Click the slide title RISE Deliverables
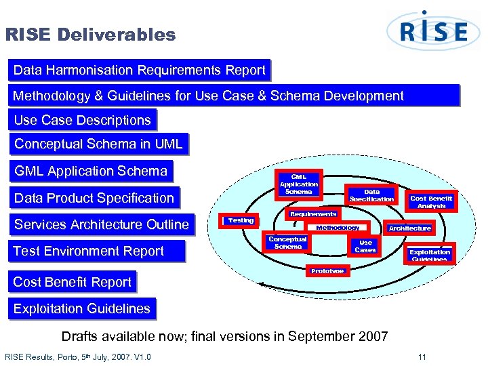[x=90, y=35]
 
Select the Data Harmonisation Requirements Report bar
[x=140, y=70]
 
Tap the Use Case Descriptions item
[x=83, y=121]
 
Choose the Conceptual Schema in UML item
[x=98, y=144]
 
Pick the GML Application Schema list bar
[x=91, y=171]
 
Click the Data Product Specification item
[x=94, y=198]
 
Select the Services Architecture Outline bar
[x=102, y=225]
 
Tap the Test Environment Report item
[x=89, y=251]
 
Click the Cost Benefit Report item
[x=73, y=282]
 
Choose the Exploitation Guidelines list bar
[x=82, y=309]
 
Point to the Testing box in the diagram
[x=241, y=220]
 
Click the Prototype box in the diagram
[x=327, y=271]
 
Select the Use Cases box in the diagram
[x=365, y=246]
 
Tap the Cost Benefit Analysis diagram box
[x=431, y=201]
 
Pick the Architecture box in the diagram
[x=409, y=228]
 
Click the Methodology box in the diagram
[x=338, y=228]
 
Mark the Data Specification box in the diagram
[x=371, y=195]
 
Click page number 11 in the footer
[x=422, y=357]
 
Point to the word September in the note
[x=324, y=336]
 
